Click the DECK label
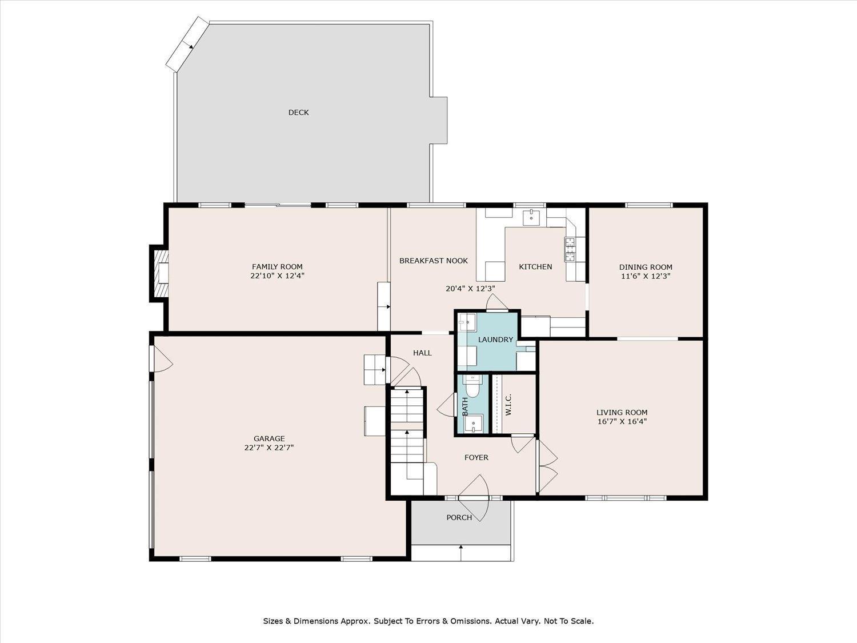point(298,113)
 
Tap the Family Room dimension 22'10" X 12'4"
point(277,275)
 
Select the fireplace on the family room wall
point(160,273)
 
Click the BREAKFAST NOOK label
point(433,261)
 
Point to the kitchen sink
point(531,217)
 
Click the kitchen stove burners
point(570,249)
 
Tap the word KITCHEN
point(535,267)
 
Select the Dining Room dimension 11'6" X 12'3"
point(646,275)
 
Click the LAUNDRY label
point(495,340)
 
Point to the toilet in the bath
point(472,387)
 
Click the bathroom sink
point(474,424)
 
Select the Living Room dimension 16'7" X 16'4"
point(622,422)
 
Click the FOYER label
point(476,457)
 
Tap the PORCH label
point(459,518)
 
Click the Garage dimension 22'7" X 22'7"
point(269,448)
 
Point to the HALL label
point(422,353)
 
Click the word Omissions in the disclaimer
point(470,621)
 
